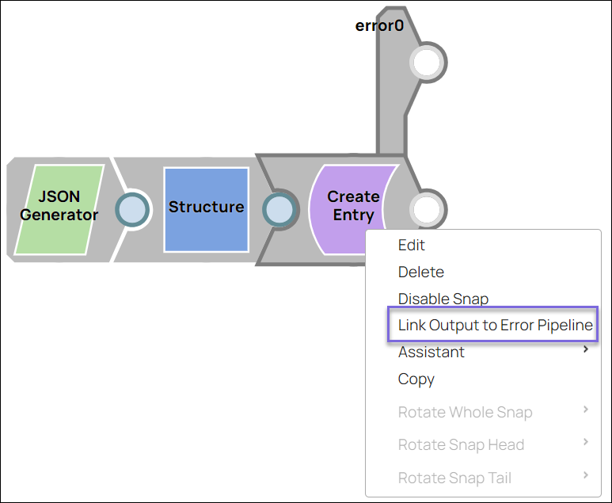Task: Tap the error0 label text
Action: tap(379, 25)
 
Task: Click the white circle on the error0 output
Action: tap(427, 63)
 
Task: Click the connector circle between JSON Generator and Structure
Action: tap(131, 210)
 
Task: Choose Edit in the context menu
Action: tap(412, 246)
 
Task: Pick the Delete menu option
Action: tap(421, 272)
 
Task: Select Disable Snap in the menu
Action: tap(443, 299)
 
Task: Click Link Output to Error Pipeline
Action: tap(495, 326)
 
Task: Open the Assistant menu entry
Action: tap(431, 352)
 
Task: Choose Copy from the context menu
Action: tap(416, 379)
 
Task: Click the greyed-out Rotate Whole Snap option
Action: tap(465, 412)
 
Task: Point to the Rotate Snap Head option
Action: tap(461, 445)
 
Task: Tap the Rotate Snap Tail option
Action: tap(454, 478)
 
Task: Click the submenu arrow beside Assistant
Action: tap(586, 349)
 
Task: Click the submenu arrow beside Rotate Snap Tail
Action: tap(586, 475)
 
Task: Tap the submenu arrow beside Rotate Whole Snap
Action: tap(586, 410)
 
